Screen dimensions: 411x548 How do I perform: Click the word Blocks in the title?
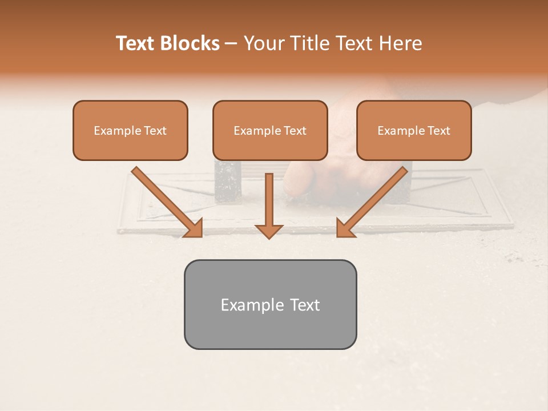(x=190, y=43)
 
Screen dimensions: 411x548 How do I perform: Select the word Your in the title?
(x=263, y=43)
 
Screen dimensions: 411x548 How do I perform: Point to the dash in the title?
(x=231, y=44)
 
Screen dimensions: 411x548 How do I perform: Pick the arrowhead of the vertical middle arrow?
(x=269, y=231)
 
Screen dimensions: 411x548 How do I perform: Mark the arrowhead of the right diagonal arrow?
(x=345, y=228)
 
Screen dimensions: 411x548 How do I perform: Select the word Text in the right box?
(x=439, y=131)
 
